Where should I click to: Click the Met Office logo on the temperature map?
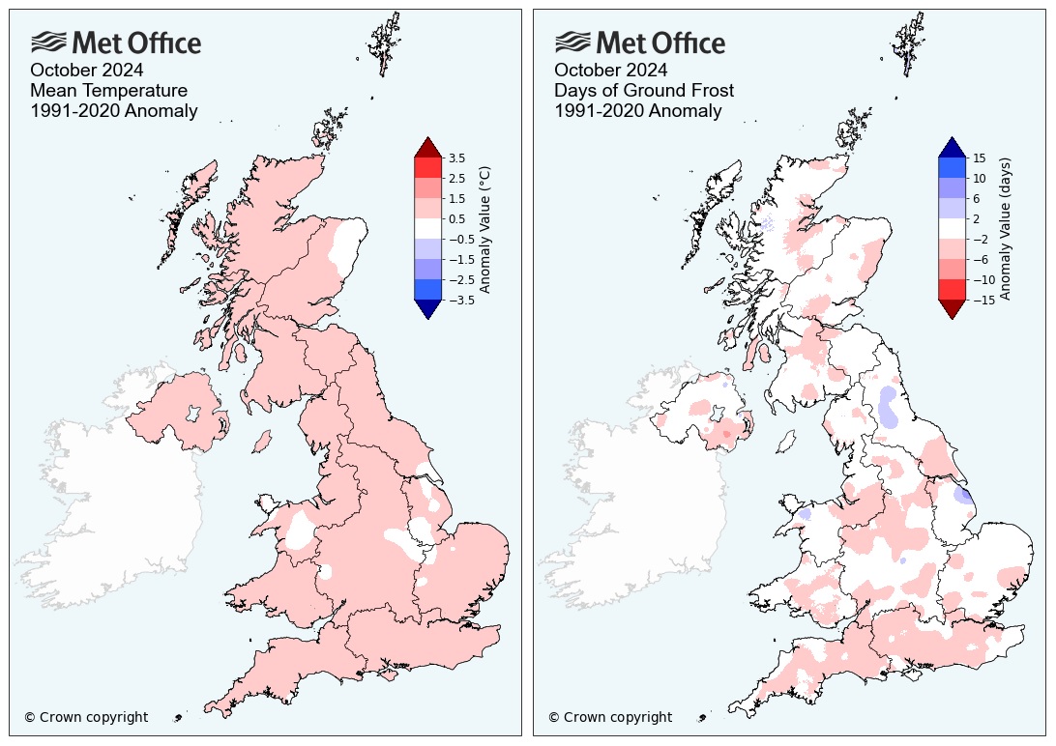tap(116, 43)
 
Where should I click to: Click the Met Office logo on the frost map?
tap(639, 43)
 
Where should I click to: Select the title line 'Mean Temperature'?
tap(108, 90)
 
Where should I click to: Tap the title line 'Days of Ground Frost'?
tap(643, 90)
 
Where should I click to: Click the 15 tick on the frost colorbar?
tap(979, 158)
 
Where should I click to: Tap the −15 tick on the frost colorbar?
tap(979, 300)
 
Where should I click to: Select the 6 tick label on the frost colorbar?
tap(979, 198)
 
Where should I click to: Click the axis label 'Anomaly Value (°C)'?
tap(485, 229)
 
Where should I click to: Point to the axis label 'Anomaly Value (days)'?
tap(1006, 229)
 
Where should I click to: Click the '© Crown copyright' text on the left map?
tap(86, 717)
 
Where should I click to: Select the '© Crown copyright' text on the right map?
tap(610, 717)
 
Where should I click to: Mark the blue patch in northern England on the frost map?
tap(888, 406)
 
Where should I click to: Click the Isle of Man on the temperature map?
tap(259, 442)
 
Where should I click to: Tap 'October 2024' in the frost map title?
tap(610, 70)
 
